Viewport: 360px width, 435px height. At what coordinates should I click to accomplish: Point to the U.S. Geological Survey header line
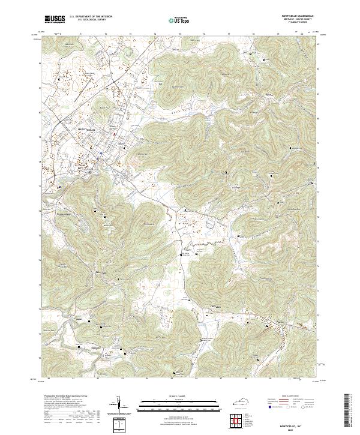86,20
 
